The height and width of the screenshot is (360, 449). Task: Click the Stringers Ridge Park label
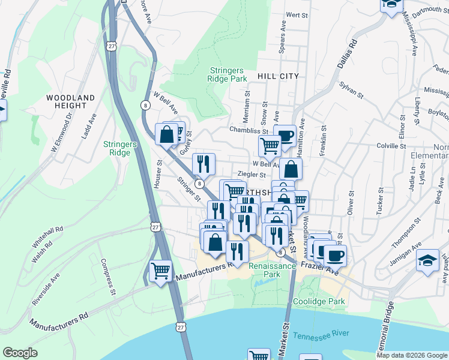(x=228, y=74)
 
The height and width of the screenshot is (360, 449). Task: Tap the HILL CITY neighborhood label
(x=277, y=76)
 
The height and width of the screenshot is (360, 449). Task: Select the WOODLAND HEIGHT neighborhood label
(x=71, y=101)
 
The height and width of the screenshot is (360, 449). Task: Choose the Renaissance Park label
(x=273, y=270)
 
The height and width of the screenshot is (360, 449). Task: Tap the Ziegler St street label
(x=252, y=175)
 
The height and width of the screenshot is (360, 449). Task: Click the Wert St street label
(x=293, y=14)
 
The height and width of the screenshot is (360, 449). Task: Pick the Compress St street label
(x=107, y=277)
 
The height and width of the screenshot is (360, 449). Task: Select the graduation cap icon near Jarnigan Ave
(x=427, y=261)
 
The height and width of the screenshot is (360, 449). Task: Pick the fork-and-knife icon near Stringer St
(x=203, y=163)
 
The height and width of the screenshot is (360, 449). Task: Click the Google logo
(x=20, y=353)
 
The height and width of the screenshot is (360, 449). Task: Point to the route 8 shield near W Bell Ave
(x=145, y=105)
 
